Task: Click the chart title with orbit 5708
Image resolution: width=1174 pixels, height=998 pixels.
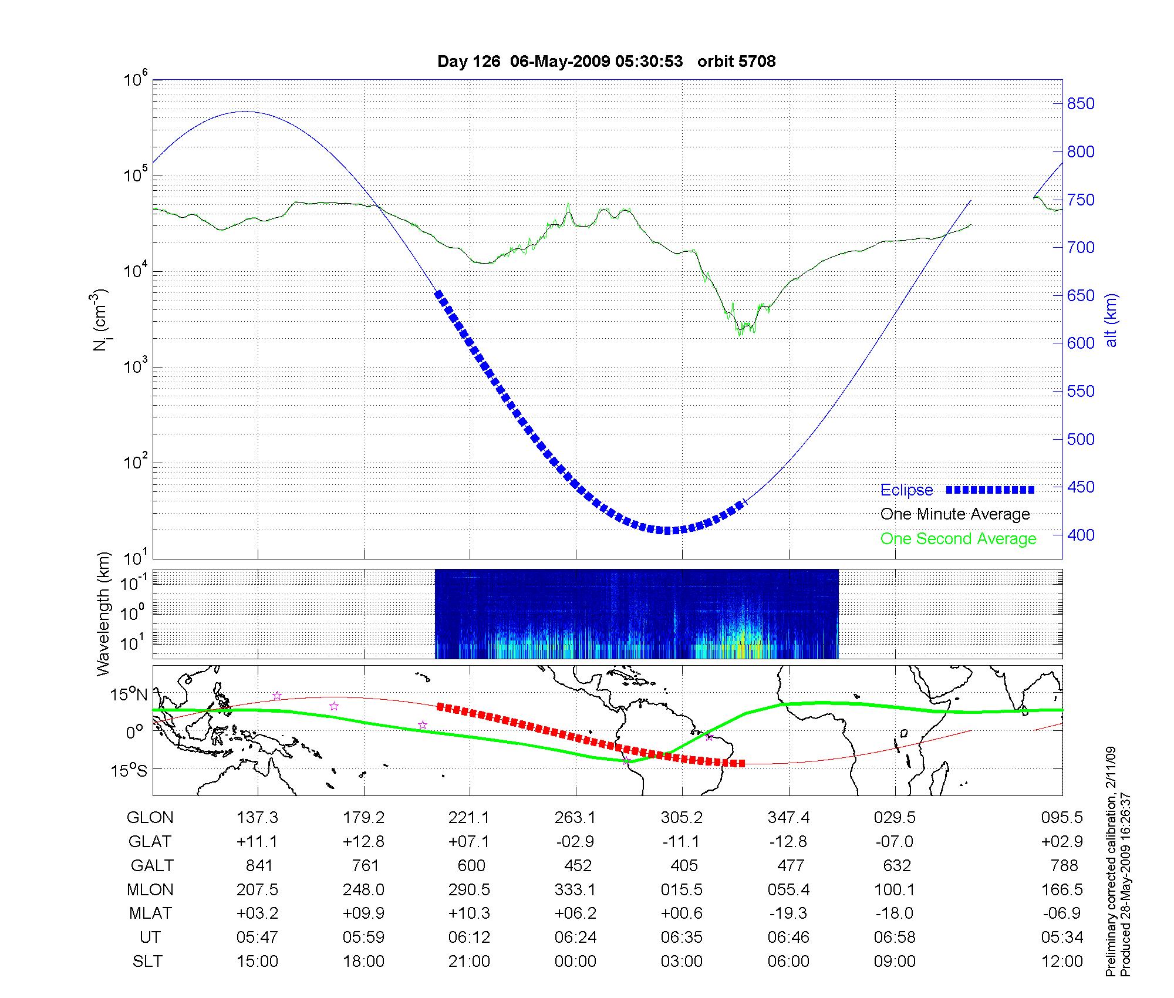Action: tap(606, 62)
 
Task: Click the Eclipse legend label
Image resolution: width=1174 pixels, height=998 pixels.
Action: tap(906, 490)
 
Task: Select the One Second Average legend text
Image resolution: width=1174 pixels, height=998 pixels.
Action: tap(958, 539)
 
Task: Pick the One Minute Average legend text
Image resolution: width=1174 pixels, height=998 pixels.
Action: tap(955, 514)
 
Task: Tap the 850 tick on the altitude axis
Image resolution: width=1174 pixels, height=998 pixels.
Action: tap(1081, 104)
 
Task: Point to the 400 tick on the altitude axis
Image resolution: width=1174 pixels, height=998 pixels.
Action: tap(1081, 535)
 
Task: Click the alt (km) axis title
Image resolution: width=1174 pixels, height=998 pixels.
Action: tap(1111, 320)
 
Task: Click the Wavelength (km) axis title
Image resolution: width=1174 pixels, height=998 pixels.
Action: tap(103, 614)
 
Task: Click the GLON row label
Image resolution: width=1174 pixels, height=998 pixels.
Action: tap(150, 818)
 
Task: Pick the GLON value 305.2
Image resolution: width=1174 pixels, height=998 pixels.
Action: tap(682, 818)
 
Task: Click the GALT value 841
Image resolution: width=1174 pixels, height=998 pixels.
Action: tap(259, 866)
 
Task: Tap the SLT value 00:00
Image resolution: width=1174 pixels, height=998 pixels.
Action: tap(575, 962)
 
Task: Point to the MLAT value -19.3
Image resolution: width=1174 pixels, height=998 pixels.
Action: tap(788, 913)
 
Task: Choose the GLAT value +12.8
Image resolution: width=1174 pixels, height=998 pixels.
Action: tap(364, 842)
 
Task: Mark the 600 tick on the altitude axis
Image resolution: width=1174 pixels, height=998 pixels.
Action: tap(1081, 343)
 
